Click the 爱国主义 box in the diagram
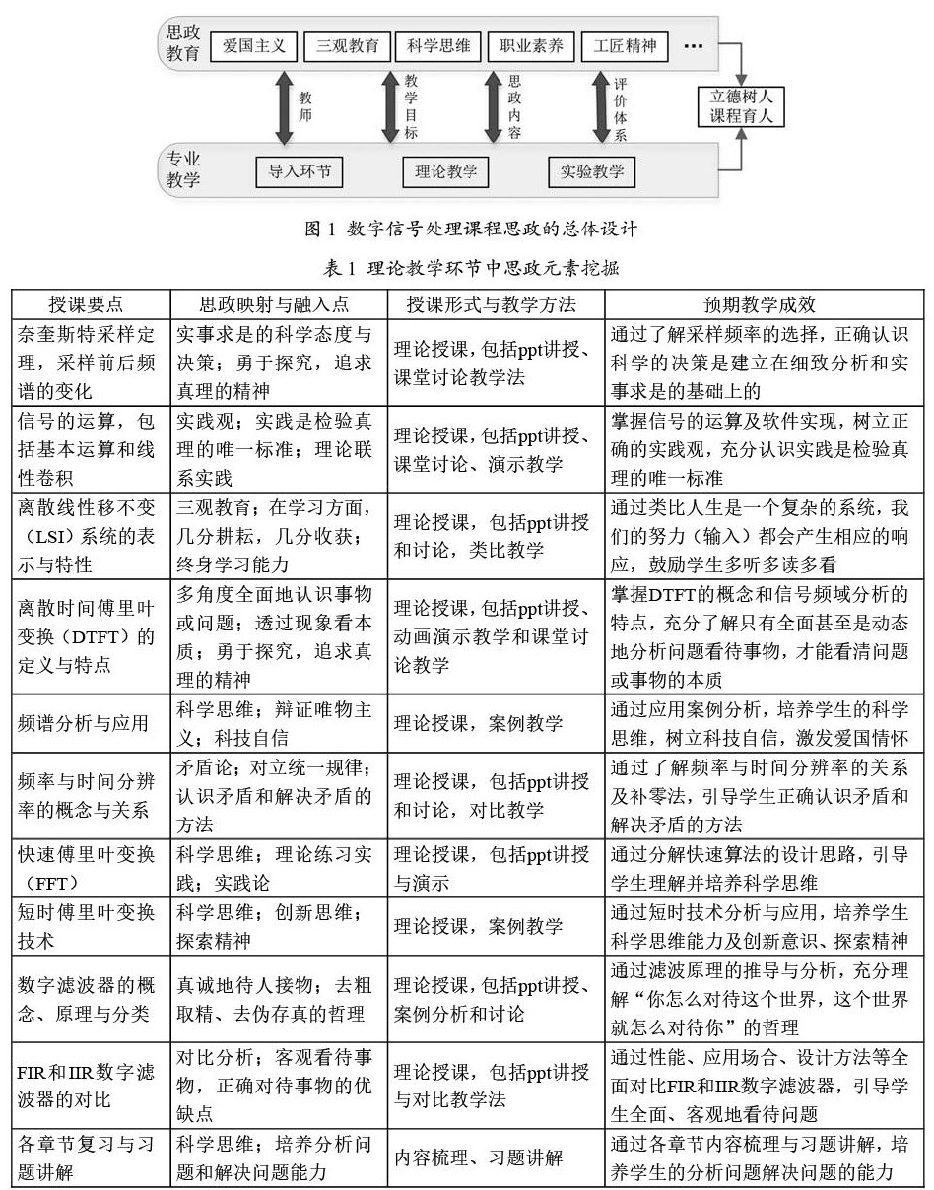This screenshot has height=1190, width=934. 253,45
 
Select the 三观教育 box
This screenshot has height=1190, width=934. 347,45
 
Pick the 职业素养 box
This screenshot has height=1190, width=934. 528,45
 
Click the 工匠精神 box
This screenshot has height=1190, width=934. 625,45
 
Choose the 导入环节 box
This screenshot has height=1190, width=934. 300,172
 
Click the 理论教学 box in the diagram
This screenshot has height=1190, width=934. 445,172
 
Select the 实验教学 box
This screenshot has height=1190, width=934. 592,172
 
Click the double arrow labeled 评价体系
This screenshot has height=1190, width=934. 600,107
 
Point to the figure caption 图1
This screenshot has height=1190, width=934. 471,230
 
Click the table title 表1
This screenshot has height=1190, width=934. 470,267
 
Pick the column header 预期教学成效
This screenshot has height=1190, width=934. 767,304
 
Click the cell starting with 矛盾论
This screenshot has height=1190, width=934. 276,796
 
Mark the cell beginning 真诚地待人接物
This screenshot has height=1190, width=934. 276,999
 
